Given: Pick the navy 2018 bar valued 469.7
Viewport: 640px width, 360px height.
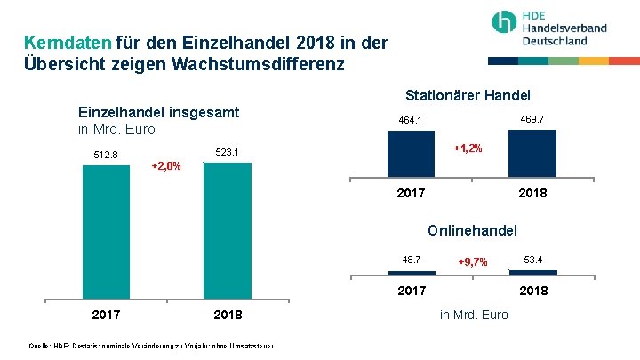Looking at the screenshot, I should point(532,153).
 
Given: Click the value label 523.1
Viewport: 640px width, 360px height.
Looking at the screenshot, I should point(228,152).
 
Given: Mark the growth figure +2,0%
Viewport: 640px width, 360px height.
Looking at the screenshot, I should point(166,166).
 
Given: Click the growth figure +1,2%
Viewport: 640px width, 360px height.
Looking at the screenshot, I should point(468,148).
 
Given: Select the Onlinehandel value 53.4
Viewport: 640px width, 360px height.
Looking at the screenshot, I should point(532,260).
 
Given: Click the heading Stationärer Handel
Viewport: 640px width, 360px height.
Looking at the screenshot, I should point(468,95).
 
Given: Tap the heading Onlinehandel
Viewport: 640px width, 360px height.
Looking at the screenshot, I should point(472,230).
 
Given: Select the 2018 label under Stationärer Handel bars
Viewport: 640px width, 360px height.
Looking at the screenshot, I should point(532,193).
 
